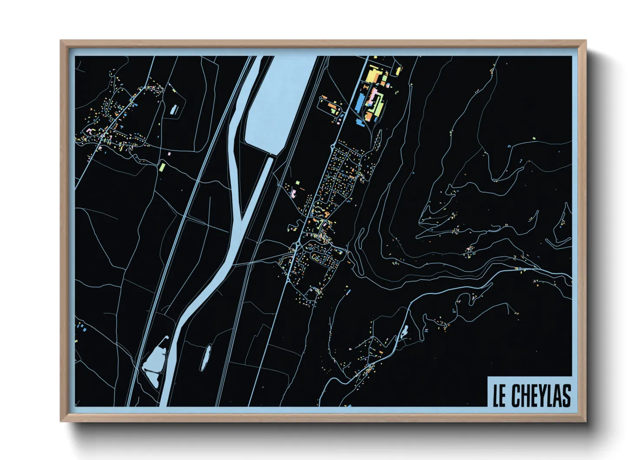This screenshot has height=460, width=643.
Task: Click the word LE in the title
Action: tap(499, 396)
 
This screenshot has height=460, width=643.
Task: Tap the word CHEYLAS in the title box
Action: tap(540, 396)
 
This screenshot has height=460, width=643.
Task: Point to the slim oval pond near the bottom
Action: tap(205, 357)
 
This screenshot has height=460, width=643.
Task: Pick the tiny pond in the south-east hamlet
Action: tap(404, 332)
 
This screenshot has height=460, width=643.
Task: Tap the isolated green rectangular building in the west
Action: tap(162, 167)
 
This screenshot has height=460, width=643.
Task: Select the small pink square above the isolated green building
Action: tap(169, 153)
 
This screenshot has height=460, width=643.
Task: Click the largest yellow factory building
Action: tap(372, 74)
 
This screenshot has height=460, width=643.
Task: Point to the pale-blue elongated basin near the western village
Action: tap(175, 109)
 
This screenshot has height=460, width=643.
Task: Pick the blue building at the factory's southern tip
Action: tap(360, 123)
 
